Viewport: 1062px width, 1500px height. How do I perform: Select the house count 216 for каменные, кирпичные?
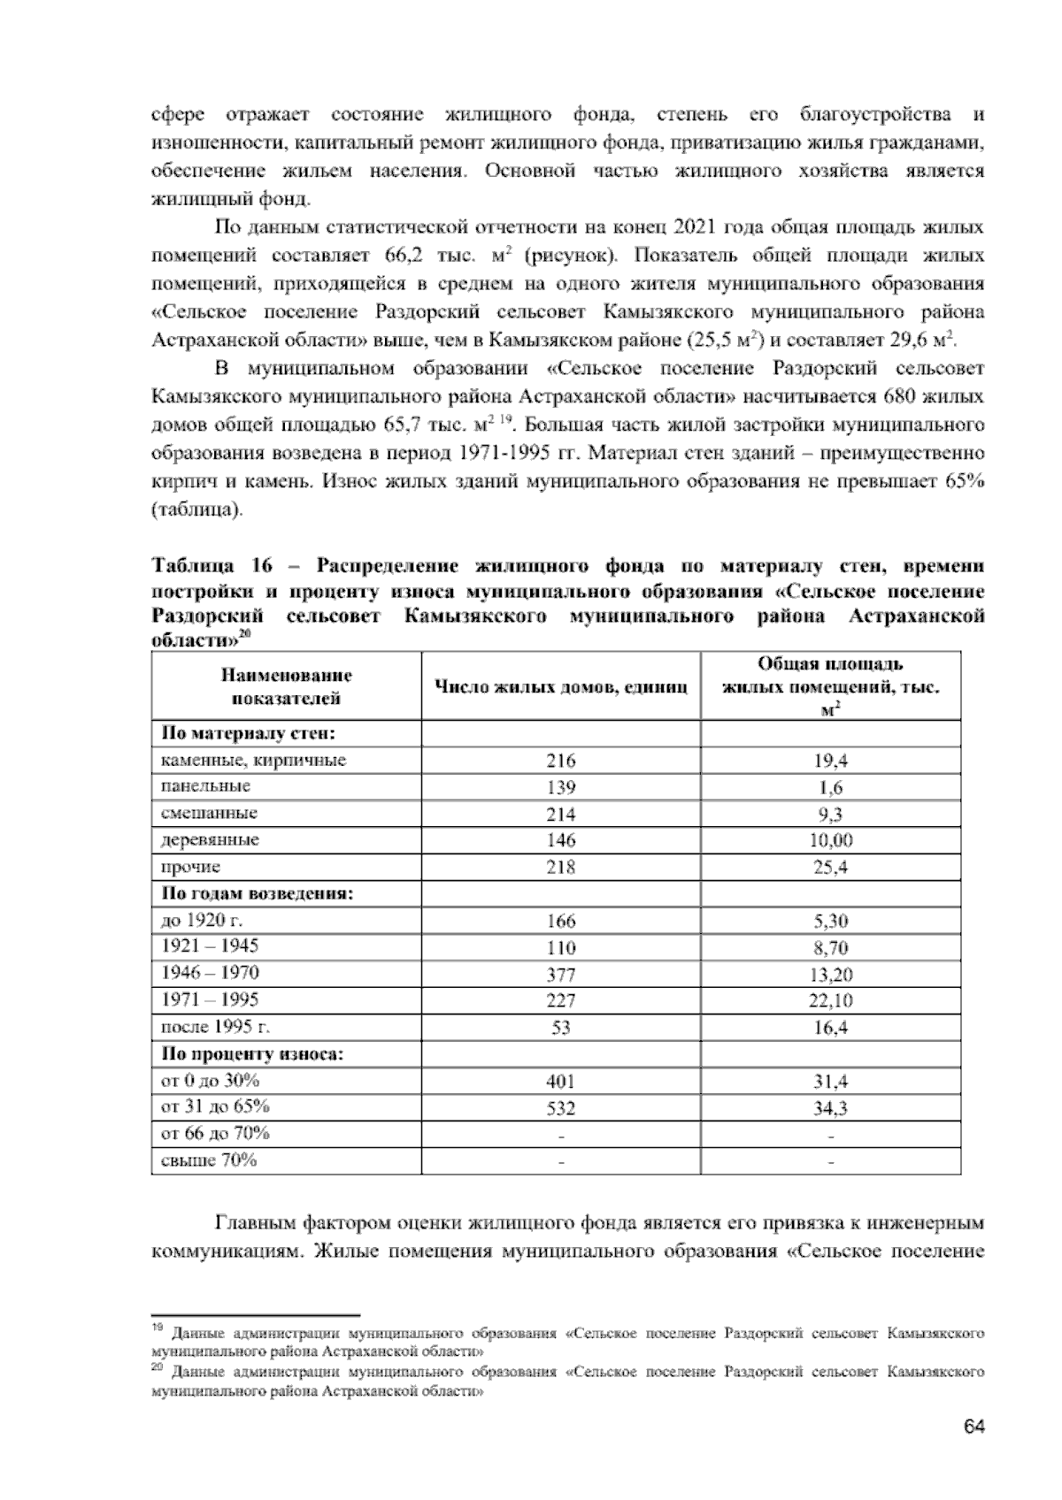click(560, 761)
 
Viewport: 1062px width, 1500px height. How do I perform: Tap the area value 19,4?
click(830, 761)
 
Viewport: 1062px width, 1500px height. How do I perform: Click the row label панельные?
click(205, 786)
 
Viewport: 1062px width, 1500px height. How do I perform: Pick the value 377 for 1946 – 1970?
click(560, 975)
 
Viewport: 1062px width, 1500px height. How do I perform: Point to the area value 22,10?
click(831, 1001)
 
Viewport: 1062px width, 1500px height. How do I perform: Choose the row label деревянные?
click(210, 840)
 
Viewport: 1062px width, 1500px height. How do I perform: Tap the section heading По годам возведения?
click(257, 893)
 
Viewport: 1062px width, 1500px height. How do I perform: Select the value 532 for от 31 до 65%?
click(560, 1108)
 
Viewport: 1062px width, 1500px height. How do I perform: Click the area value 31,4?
click(830, 1082)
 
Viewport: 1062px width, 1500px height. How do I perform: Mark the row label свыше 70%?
click(208, 1160)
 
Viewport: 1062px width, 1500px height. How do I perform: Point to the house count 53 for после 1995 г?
click(560, 1028)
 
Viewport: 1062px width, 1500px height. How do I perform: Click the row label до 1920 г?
click(196, 921)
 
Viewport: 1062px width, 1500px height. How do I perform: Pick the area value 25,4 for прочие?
click(830, 868)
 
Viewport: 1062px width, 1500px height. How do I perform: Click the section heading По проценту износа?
click(252, 1054)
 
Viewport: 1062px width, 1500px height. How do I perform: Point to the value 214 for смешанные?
click(560, 815)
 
